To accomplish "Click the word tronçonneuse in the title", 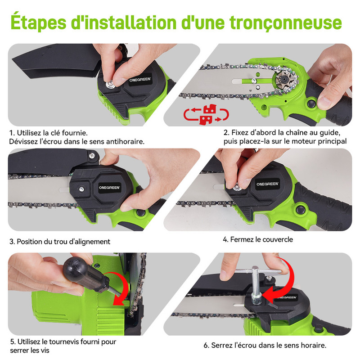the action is point(286,23).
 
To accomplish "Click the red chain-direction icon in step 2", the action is point(206,114).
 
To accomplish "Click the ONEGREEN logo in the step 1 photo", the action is point(140,80).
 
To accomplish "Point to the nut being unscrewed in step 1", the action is point(110,84).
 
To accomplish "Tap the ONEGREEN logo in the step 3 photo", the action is point(109,188).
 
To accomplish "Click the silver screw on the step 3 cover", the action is point(81,189).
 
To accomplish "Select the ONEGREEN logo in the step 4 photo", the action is point(267,184).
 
